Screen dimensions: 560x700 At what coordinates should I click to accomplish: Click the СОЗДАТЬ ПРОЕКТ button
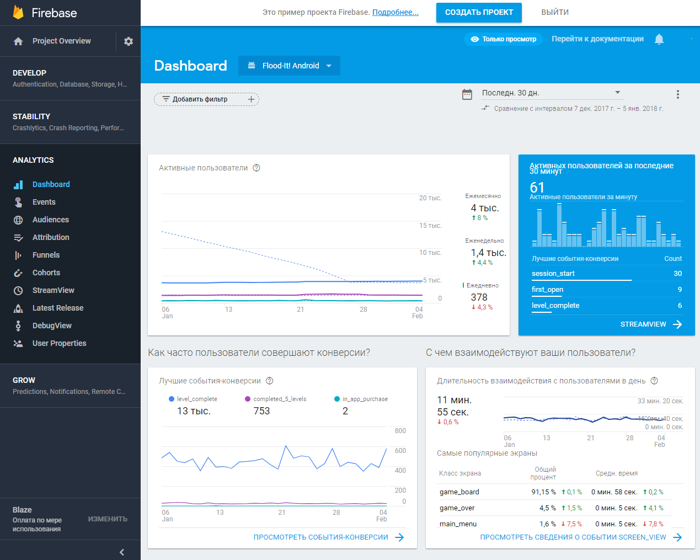[479, 12]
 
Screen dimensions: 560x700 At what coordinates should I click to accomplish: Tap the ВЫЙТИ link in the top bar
[554, 12]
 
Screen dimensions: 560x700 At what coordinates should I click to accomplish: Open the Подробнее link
[395, 12]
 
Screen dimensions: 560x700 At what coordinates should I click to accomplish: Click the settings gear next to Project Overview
[129, 41]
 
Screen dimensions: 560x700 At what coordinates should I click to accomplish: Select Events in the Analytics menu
[44, 202]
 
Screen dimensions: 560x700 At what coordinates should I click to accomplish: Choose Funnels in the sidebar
[46, 255]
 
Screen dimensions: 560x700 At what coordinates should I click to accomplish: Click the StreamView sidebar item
[53, 290]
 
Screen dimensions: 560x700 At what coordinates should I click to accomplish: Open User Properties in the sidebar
[59, 343]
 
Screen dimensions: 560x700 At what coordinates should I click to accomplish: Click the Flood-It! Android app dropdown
[290, 66]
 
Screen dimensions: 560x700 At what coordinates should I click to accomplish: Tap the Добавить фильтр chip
[206, 99]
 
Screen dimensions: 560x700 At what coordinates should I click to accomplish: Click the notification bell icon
[659, 39]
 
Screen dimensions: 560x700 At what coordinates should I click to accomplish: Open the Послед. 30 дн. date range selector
[550, 93]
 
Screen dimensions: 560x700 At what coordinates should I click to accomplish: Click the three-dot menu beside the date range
[677, 94]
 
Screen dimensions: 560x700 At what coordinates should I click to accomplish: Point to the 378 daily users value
[479, 297]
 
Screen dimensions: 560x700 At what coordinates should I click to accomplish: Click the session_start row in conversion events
[553, 274]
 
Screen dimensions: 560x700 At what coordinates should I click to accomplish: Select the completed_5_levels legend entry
[279, 399]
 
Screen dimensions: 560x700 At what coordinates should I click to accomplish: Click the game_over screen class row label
[457, 508]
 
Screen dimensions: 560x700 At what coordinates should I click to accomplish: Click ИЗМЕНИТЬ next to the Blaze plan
[108, 519]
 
